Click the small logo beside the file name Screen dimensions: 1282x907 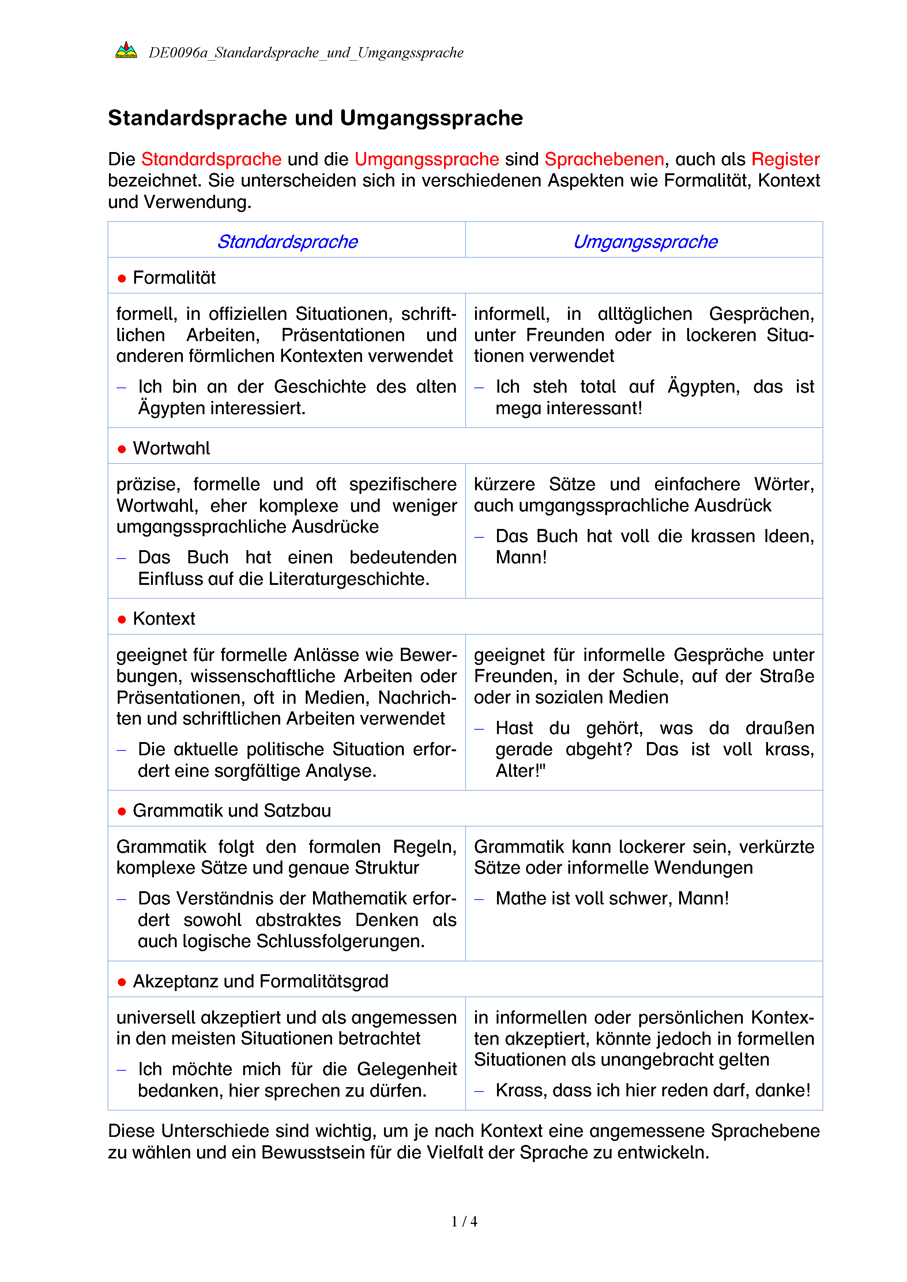click(126, 51)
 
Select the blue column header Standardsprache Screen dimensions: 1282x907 click(287, 242)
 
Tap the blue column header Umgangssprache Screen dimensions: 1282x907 click(645, 242)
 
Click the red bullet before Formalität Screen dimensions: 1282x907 click(122, 279)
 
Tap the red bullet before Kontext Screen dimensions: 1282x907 click(122, 619)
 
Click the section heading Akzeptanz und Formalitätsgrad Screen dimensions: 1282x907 click(260, 981)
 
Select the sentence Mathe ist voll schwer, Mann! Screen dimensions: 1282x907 click(612, 899)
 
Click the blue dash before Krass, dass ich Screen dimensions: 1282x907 click(479, 1090)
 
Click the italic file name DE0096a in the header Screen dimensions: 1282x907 click(178, 53)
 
